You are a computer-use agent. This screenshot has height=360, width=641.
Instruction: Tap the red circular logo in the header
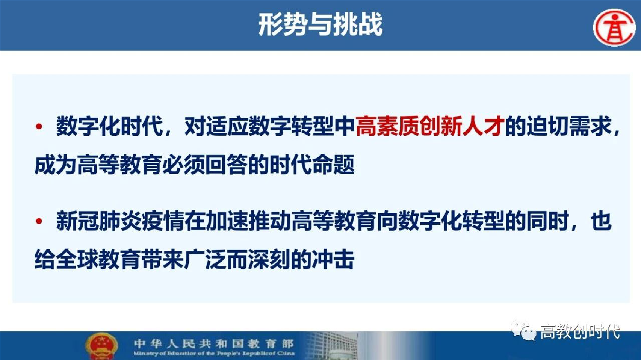click(614, 27)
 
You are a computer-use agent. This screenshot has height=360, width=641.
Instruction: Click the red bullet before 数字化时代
click(39, 126)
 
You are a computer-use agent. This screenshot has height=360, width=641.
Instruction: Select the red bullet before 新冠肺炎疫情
click(39, 221)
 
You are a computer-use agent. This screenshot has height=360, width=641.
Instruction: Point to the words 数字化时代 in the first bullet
click(110, 126)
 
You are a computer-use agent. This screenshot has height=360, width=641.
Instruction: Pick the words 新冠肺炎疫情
click(120, 221)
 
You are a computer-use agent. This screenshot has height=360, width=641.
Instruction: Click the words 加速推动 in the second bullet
click(248, 221)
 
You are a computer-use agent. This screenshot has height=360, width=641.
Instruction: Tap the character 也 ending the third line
click(601, 221)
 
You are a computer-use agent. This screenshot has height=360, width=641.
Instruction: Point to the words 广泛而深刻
click(237, 259)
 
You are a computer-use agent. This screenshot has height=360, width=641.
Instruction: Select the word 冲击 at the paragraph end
click(333, 259)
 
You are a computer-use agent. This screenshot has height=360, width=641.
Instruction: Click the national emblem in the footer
click(101, 346)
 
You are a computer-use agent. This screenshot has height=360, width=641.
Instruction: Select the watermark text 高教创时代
click(580, 332)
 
